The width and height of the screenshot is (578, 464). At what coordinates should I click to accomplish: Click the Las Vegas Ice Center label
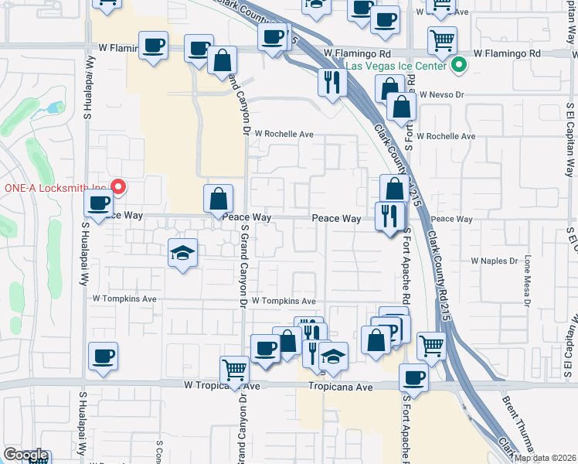(396, 67)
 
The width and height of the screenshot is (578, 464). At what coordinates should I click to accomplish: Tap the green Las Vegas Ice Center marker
(459, 66)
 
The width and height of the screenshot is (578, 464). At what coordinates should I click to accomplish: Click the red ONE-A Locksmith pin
(118, 186)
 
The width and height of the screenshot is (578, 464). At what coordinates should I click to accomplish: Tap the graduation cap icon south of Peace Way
(183, 252)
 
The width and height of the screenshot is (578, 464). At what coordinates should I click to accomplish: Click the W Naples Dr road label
(494, 261)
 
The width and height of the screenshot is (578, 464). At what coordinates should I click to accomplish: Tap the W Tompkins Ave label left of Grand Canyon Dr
(124, 298)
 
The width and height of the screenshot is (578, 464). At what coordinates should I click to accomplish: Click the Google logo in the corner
(25, 455)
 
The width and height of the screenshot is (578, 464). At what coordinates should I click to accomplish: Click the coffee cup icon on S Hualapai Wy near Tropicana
(103, 356)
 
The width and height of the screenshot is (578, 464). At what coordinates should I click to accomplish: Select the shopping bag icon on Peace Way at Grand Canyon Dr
(219, 199)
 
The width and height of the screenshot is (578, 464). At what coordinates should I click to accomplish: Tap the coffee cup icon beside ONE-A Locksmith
(98, 204)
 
